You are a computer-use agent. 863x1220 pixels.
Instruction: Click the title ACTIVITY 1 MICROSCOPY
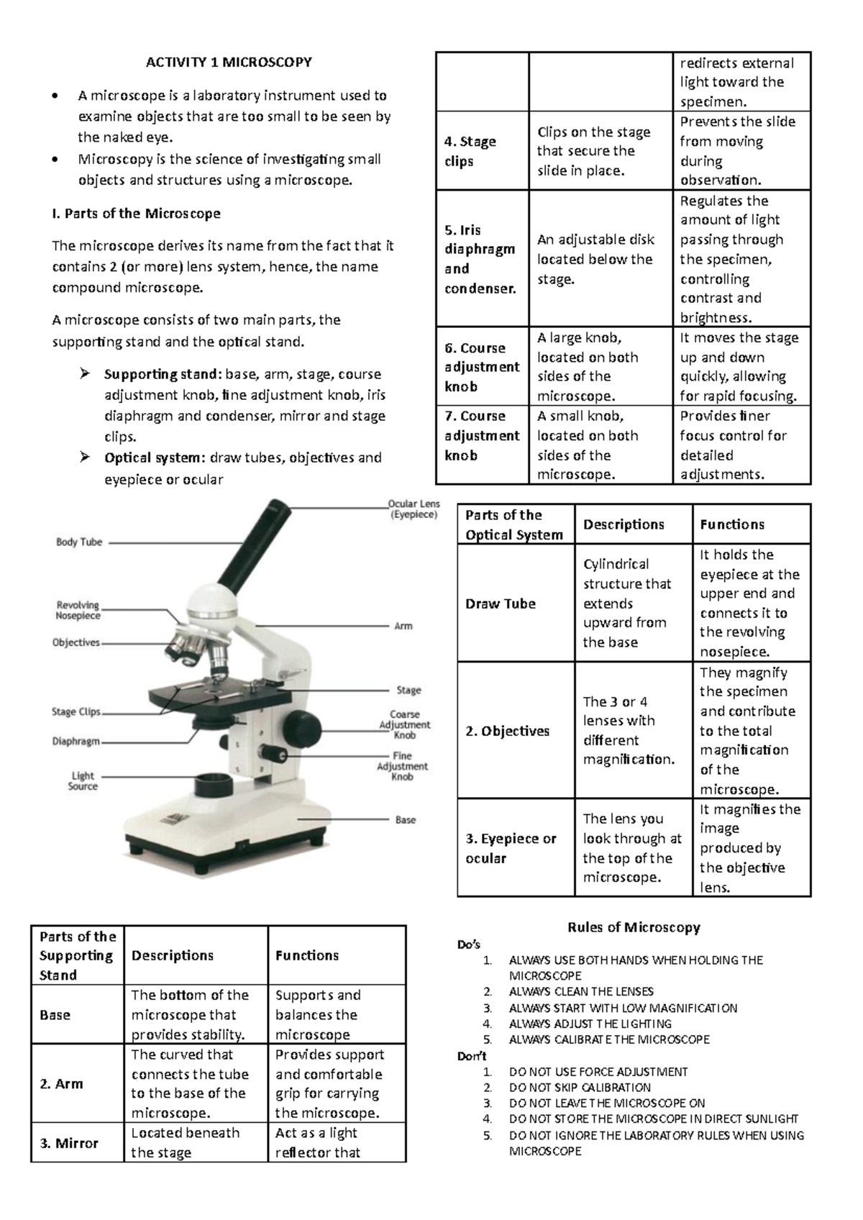coord(229,62)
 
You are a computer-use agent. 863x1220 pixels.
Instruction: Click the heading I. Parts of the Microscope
coord(136,214)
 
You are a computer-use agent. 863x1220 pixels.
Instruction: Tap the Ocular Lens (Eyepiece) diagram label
coord(413,509)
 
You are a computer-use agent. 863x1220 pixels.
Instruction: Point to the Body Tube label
coord(79,542)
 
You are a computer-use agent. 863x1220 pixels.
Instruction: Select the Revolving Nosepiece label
coord(78,610)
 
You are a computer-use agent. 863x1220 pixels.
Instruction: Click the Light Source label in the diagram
coord(83,780)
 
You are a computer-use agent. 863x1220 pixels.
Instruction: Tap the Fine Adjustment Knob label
coord(402,766)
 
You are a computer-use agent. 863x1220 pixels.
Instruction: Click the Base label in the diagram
coord(405,819)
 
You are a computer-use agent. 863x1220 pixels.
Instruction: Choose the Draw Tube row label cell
coord(501,604)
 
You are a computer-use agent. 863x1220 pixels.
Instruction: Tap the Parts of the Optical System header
coord(513,524)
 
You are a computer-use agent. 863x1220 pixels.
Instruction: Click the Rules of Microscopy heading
coord(634,927)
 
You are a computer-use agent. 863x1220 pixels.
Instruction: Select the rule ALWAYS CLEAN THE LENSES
coord(581,991)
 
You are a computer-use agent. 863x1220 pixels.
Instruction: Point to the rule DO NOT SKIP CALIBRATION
coord(580,1087)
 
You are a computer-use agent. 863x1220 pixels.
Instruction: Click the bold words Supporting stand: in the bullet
coord(163,374)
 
